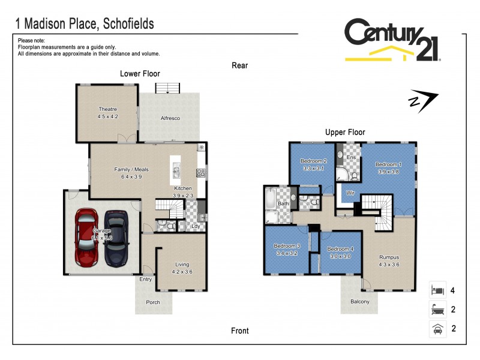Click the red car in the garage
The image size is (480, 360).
point(86,238)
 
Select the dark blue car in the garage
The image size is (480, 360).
point(116,238)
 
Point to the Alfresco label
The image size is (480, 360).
point(170,118)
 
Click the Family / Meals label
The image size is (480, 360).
point(131,169)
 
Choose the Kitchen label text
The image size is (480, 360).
point(183,188)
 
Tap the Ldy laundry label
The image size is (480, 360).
point(196,226)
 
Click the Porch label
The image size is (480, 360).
point(153,302)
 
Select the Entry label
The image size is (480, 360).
point(146,279)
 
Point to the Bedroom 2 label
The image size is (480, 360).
point(313,161)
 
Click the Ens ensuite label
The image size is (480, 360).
point(352,157)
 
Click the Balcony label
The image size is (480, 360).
point(360,301)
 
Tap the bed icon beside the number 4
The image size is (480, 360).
point(437,290)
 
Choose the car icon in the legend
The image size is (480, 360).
point(437,328)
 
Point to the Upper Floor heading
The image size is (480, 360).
point(345,132)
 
